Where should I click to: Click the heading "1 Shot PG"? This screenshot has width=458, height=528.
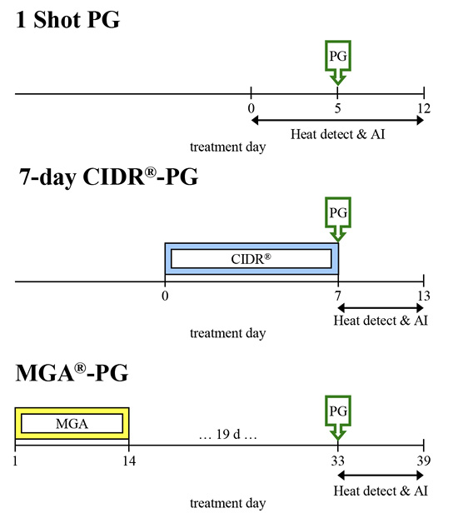[68, 20]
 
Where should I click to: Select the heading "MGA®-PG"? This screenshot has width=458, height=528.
[72, 374]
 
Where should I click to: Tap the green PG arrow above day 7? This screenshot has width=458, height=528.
[337, 217]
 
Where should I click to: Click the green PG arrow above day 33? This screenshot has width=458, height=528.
[337, 416]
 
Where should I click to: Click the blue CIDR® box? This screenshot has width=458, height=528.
[251, 259]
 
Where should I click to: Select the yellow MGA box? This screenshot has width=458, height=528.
[72, 424]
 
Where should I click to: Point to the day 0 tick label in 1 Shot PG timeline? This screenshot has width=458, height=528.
[251, 108]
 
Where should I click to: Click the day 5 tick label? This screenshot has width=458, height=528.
[337, 108]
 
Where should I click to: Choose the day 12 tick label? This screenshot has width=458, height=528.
[424, 108]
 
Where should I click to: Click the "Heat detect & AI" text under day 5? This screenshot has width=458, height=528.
[338, 133]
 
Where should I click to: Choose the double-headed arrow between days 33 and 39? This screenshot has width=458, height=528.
[381, 476]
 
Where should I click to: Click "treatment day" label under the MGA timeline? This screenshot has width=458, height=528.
[228, 503]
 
